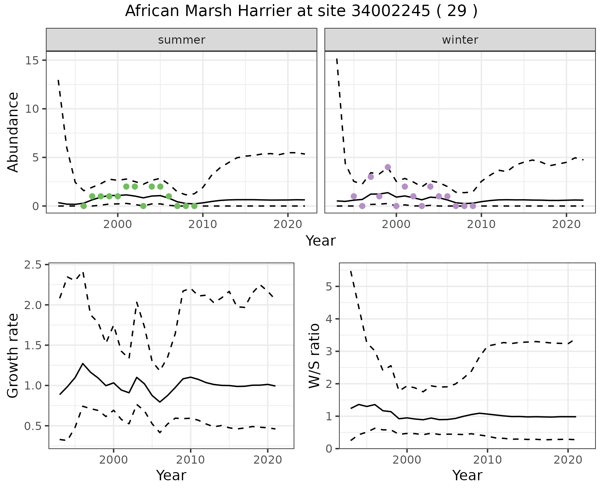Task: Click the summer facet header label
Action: [x=182, y=40]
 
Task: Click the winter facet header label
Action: [x=460, y=40]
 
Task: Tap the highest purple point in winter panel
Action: [x=388, y=167]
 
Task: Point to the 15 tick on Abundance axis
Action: [x=31, y=60]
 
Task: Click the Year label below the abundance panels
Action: [x=321, y=241]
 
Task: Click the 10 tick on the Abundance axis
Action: [x=31, y=109]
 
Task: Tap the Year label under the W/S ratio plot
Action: [x=467, y=476]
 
